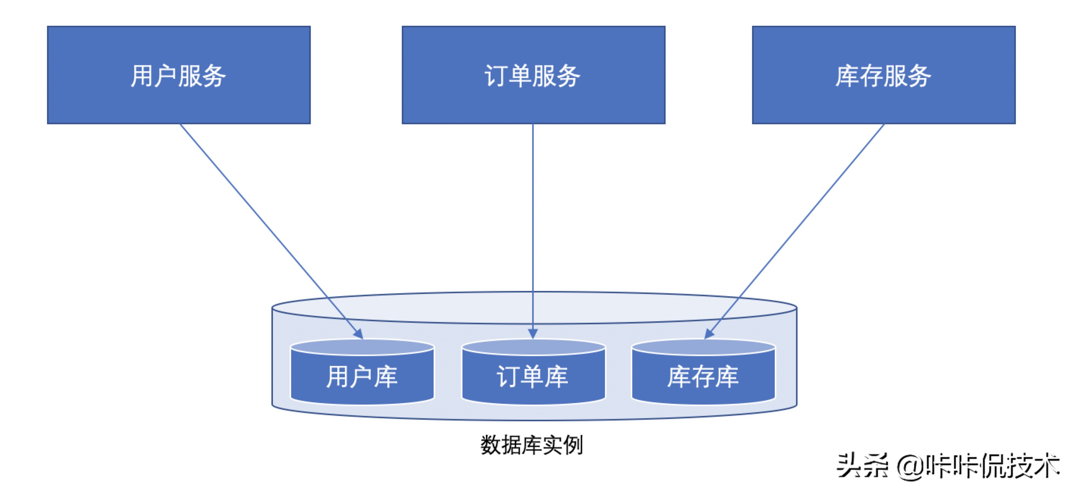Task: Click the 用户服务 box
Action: point(179,75)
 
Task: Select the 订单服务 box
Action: point(533,75)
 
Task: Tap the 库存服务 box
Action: point(884,75)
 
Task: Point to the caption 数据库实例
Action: point(532,445)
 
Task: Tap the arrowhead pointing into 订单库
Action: point(533,333)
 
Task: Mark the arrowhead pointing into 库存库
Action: point(709,334)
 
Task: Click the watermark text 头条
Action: point(861,466)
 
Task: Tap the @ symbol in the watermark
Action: point(910,466)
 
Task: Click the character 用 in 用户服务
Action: point(143,75)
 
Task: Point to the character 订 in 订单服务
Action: point(496,75)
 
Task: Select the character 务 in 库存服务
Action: point(919,75)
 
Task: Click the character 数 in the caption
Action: point(491,445)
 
